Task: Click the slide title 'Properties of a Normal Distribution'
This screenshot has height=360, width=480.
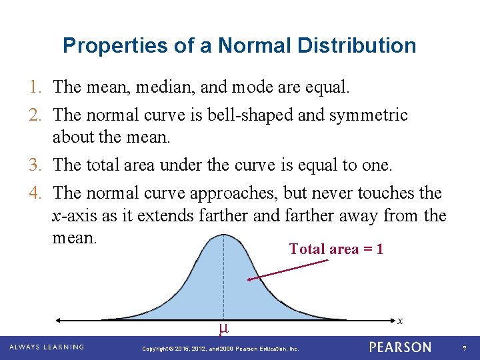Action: click(x=239, y=45)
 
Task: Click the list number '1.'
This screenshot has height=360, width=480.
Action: click(x=37, y=87)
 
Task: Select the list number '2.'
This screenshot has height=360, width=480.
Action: click(x=37, y=115)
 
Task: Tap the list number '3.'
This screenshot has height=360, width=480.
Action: click(x=37, y=165)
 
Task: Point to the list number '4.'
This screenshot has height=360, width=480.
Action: click(x=37, y=193)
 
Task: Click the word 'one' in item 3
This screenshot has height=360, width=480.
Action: click(x=379, y=165)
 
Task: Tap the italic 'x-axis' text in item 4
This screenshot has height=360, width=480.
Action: click(x=74, y=216)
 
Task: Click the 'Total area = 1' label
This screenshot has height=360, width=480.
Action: click(x=336, y=249)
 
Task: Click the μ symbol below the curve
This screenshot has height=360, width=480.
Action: click(x=223, y=328)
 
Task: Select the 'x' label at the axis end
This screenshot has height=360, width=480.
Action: click(x=399, y=321)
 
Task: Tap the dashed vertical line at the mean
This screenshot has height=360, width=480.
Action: click(x=223, y=280)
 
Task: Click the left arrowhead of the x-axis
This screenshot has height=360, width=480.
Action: click(x=58, y=319)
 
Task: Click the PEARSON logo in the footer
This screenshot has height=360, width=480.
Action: click(x=400, y=347)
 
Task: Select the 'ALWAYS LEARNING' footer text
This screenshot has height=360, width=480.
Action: click(x=46, y=347)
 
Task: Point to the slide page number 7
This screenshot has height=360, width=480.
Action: click(x=463, y=348)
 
